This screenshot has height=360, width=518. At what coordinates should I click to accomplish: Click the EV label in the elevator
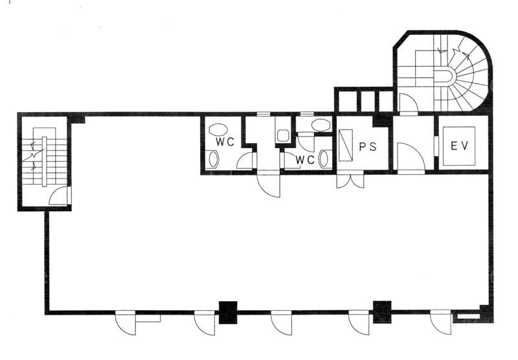(460, 146)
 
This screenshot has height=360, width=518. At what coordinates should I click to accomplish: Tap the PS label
(368, 146)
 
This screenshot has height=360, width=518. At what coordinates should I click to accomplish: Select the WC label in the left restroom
(225, 142)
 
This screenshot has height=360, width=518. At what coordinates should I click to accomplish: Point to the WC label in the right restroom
(305, 160)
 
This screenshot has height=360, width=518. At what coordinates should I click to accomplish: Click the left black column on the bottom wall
(229, 312)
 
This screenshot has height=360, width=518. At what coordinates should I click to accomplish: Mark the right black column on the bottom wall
(382, 312)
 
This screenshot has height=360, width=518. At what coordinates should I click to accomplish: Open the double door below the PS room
(350, 180)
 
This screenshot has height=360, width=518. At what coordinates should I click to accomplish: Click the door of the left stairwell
(60, 196)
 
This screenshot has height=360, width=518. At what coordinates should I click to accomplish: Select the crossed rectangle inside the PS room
(346, 145)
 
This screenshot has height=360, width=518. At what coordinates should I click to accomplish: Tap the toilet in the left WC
(214, 159)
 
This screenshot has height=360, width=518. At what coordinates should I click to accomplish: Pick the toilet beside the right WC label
(323, 159)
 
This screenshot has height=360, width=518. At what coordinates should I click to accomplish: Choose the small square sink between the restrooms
(283, 135)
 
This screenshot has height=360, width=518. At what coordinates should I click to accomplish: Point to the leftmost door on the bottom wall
(126, 322)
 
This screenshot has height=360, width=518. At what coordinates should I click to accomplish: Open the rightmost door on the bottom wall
(441, 322)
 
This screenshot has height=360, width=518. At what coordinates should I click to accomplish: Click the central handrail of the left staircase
(44, 161)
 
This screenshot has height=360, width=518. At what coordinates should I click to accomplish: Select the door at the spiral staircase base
(409, 104)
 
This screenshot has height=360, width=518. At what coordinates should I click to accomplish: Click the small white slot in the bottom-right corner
(468, 317)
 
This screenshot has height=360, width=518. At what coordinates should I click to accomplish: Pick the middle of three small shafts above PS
(368, 101)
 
